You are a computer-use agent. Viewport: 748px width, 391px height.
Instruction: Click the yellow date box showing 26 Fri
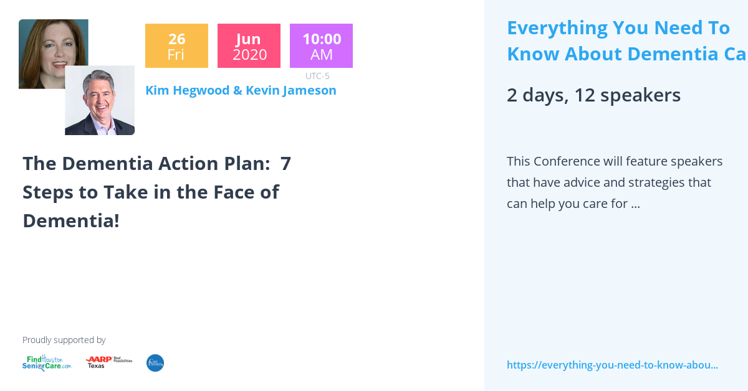pos(176,46)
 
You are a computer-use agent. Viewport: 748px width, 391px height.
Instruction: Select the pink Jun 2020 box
pos(249,46)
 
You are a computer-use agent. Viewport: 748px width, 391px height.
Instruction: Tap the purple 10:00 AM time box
pos(321,46)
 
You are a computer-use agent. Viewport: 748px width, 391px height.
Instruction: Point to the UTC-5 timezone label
pos(317,76)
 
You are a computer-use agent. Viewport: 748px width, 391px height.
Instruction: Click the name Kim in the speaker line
pos(157,90)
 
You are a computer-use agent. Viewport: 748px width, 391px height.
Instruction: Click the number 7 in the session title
pos(285,164)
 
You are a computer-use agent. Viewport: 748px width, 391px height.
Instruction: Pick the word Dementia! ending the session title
pos(71,220)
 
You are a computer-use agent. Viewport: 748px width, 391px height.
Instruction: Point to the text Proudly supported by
pos(64,340)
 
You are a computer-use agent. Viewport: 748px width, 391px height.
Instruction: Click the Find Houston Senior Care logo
pos(47,363)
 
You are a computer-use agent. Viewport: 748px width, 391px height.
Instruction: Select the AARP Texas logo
pos(108,362)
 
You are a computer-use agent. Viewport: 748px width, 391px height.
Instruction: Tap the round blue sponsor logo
pos(155,363)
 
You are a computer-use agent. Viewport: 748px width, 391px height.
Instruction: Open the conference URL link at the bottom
pos(612,365)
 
